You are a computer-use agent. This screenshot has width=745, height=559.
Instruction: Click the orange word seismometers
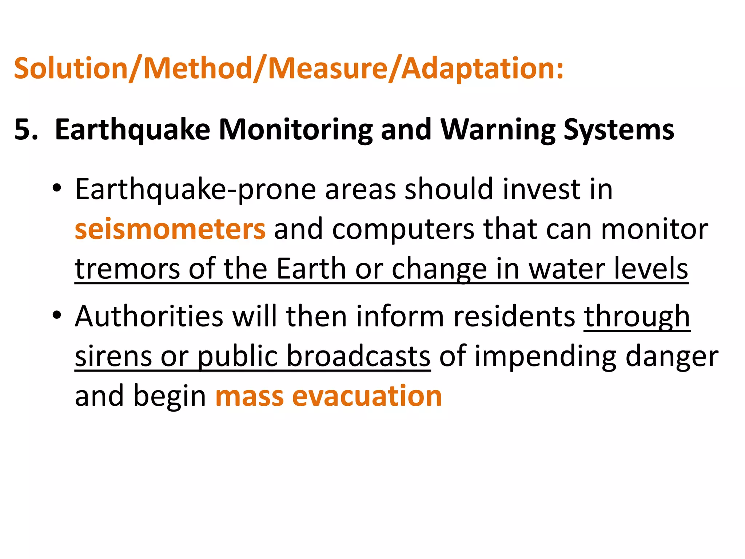(170, 229)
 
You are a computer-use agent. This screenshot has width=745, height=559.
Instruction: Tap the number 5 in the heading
(23, 130)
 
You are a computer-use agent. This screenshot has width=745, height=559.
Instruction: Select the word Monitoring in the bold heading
(295, 130)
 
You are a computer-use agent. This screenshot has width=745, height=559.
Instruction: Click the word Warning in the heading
(498, 130)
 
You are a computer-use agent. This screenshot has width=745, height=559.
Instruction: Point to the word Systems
(618, 130)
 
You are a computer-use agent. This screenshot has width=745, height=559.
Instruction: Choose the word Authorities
(149, 316)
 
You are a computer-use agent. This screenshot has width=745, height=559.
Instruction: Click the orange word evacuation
(367, 396)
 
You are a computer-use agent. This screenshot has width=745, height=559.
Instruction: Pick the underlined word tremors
(127, 269)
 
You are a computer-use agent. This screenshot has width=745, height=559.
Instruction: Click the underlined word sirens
(113, 356)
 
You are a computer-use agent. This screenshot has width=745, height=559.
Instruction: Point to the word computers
(403, 229)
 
